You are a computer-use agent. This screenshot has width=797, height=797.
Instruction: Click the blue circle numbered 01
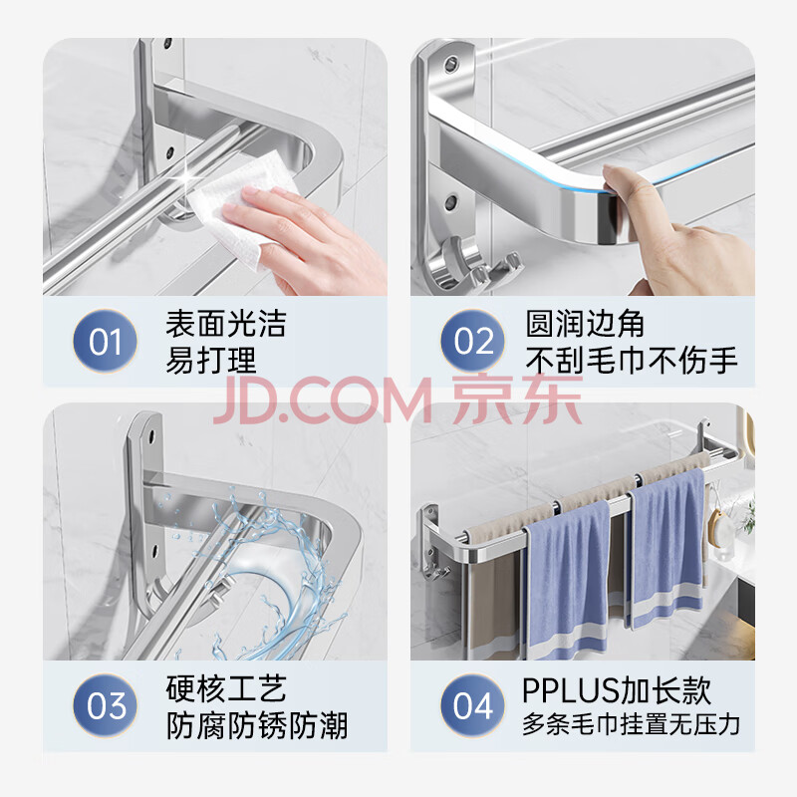106,341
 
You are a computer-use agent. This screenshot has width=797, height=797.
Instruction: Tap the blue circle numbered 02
473,341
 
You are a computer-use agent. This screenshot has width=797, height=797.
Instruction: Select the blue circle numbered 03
106,705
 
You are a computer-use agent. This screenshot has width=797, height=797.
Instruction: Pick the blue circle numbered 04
473,705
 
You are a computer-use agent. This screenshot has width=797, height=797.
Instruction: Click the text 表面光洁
226,323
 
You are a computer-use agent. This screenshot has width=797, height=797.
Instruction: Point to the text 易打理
211,360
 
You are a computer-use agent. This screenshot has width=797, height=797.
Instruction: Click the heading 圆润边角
585,323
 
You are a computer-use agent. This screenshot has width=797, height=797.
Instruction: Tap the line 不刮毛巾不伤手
632,360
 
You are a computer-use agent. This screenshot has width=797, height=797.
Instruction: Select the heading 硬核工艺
226,688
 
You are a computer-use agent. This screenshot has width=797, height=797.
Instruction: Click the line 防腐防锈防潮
257,725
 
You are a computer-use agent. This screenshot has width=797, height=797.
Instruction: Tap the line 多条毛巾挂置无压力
631,724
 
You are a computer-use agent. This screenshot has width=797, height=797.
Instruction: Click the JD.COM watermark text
322,401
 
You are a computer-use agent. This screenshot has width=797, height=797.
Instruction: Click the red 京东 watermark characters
517,399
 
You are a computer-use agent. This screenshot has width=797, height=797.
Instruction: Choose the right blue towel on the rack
666,548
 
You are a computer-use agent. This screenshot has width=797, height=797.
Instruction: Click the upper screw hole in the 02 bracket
450,64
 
